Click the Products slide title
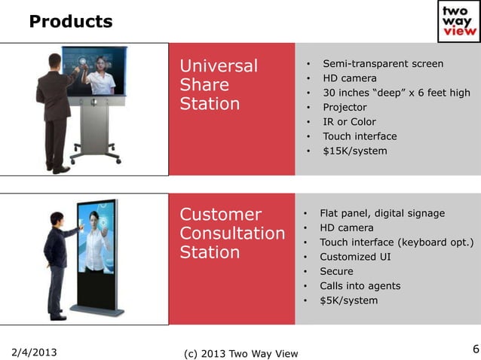point(70,22)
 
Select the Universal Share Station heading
point(219,84)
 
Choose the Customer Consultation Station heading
point(231,233)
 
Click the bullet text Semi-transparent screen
point(382,64)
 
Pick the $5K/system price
point(349,301)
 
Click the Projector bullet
point(344,107)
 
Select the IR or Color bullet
point(349,121)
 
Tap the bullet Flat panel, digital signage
point(381,213)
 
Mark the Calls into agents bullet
point(360,286)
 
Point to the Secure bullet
point(336,271)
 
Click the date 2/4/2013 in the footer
point(35,352)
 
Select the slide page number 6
point(475,348)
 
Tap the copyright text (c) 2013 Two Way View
point(240,353)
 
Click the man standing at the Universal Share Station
point(56,113)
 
